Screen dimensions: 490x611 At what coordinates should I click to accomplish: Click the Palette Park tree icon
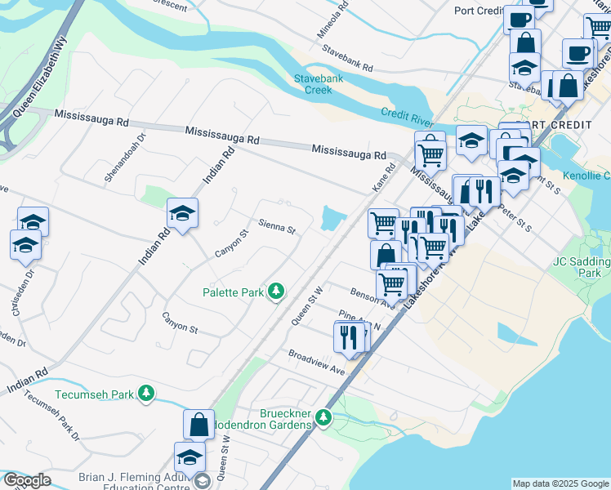click(x=277, y=291)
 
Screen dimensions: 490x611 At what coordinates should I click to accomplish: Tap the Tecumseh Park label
click(x=94, y=394)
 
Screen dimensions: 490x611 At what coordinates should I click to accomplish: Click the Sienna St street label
click(x=276, y=225)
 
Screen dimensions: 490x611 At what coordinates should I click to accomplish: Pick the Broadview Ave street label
click(x=316, y=362)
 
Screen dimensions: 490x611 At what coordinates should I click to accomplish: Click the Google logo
click(x=26, y=480)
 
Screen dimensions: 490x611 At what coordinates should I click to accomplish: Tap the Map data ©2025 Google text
click(x=560, y=483)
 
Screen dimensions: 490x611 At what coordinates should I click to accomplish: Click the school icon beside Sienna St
click(x=182, y=214)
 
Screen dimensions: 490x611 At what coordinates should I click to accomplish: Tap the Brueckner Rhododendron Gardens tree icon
click(x=323, y=419)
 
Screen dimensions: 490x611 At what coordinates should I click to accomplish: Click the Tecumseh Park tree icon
click(x=146, y=394)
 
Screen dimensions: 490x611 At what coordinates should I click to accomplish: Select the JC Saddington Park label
click(x=581, y=267)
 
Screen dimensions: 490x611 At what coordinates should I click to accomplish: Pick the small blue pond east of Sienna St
click(x=332, y=218)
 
